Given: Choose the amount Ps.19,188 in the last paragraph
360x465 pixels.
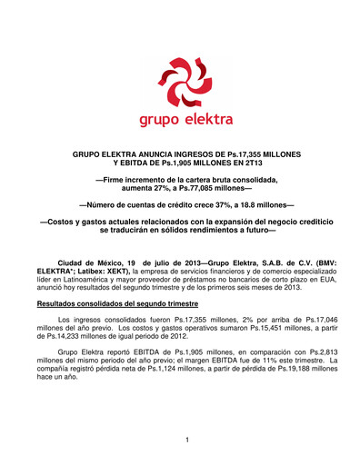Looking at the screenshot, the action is coord(291,369).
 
